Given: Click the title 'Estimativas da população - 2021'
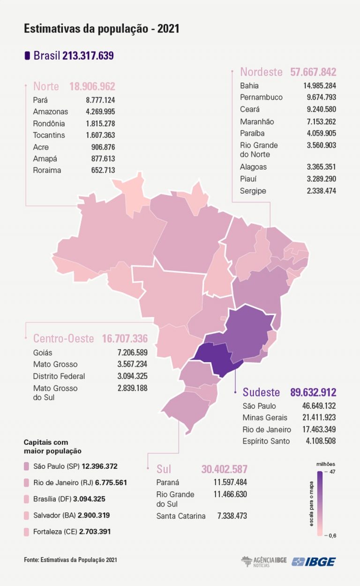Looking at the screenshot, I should (x=101, y=29).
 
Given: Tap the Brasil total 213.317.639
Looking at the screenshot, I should (x=88, y=56).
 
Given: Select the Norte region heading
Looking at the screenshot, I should (x=46, y=86).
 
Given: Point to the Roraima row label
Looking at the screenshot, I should (x=47, y=170).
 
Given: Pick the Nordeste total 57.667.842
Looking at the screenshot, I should (x=313, y=72).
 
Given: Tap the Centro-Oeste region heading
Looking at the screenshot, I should (x=63, y=338).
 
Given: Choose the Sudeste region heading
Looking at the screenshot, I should (x=261, y=392).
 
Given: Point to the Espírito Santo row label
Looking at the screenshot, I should (x=266, y=441).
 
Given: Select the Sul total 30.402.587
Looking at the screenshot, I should (x=224, y=469).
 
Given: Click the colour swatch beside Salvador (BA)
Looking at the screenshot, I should (x=27, y=515).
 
